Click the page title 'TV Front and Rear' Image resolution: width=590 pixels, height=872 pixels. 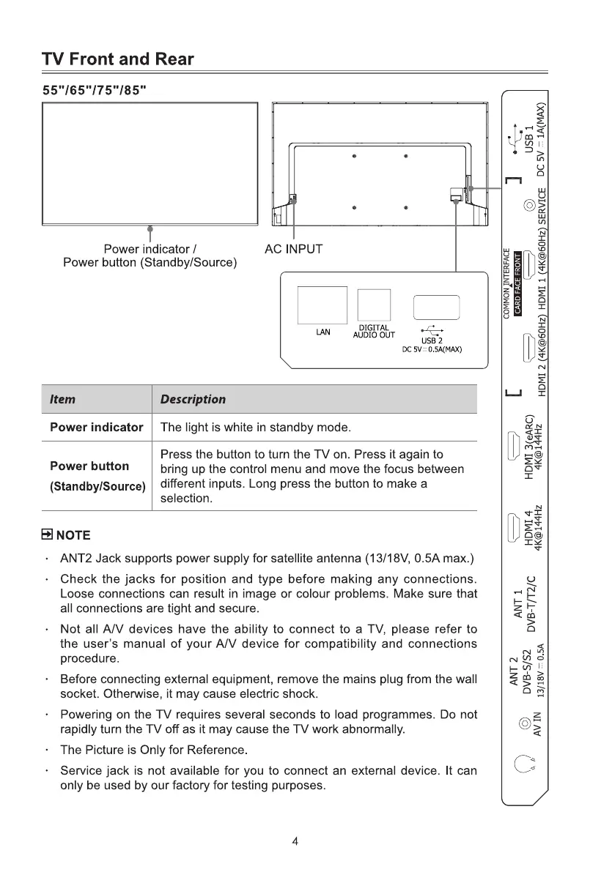[x=117, y=59]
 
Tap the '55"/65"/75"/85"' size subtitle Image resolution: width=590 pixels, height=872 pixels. [x=92, y=89]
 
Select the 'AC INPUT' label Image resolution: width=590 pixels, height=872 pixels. [x=293, y=249]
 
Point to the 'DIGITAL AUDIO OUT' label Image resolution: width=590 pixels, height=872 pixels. [x=374, y=332]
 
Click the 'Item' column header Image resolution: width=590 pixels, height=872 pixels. [x=62, y=399]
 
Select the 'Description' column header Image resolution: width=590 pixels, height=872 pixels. [x=193, y=399]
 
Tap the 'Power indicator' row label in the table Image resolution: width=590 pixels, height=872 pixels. [x=96, y=428]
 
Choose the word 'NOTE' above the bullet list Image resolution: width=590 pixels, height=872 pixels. [x=73, y=533]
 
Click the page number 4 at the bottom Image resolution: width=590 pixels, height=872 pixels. [x=295, y=841]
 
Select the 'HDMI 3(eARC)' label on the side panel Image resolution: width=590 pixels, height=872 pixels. [x=529, y=447]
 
